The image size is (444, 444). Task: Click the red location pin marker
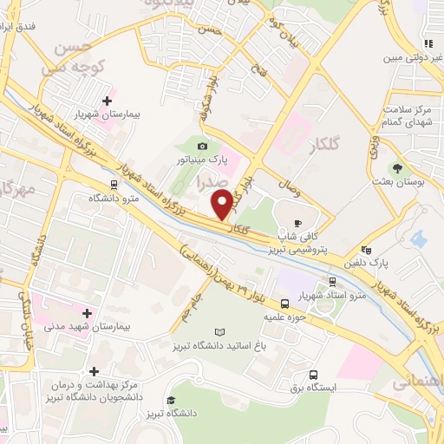tap(222, 205)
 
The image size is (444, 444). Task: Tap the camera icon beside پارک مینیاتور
tap(203, 146)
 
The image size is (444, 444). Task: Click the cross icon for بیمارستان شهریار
tap(107, 101)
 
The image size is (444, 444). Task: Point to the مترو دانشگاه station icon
tap(114, 183)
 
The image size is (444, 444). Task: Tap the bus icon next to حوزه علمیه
tap(285, 304)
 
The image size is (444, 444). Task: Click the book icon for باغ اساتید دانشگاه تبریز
tap(219, 332)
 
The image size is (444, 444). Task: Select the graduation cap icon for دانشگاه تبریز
tap(171, 401)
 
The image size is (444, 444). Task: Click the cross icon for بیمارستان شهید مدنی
tap(86, 312)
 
